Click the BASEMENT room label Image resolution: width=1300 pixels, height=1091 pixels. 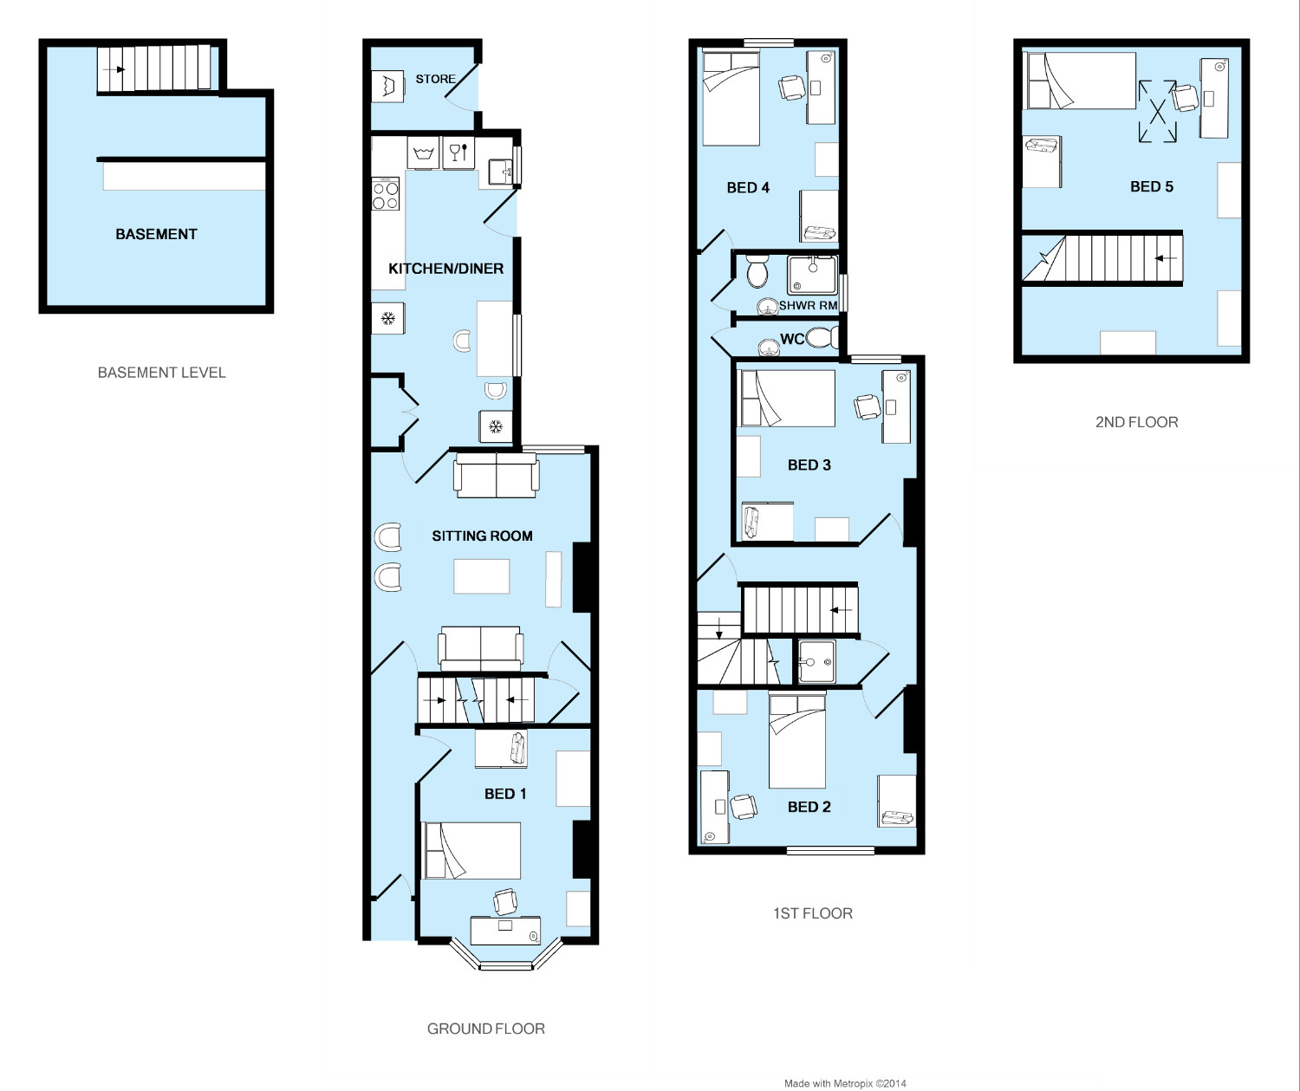pyautogui.click(x=156, y=234)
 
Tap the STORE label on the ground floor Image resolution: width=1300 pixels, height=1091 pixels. pyautogui.click(x=435, y=79)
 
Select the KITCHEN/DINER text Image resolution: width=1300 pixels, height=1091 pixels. pyautogui.click(x=445, y=269)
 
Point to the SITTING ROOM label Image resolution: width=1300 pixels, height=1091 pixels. pyautogui.click(x=482, y=536)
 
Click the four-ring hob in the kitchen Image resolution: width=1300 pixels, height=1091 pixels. pyautogui.click(x=386, y=193)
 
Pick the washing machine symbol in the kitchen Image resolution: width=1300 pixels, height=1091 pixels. pyautogui.click(x=424, y=153)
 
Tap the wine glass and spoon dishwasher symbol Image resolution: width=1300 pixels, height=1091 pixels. pyautogui.click(x=458, y=153)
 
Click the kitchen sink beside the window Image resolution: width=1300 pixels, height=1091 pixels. pyautogui.click(x=501, y=172)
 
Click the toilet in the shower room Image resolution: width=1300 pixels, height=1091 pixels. pyautogui.click(x=757, y=270)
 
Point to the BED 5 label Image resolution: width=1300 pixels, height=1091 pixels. pyautogui.click(x=1151, y=187)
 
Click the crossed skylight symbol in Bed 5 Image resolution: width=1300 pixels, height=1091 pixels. pyautogui.click(x=1157, y=112)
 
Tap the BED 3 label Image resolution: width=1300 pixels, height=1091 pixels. pyautogui.click(x=809, y=465)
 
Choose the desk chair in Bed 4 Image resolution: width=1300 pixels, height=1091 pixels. pyautogui.click(x=792, y=88)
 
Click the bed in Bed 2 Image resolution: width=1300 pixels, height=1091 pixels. pyautogui.click(x=797, y=742)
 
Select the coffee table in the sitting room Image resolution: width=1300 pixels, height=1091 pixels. pyautogui.click(x=481, y=576)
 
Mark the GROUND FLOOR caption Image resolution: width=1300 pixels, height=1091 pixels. pyautogui.click(x=485, y=1029)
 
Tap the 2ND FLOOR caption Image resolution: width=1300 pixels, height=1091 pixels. pyautogui.click(x=1136, y=422)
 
